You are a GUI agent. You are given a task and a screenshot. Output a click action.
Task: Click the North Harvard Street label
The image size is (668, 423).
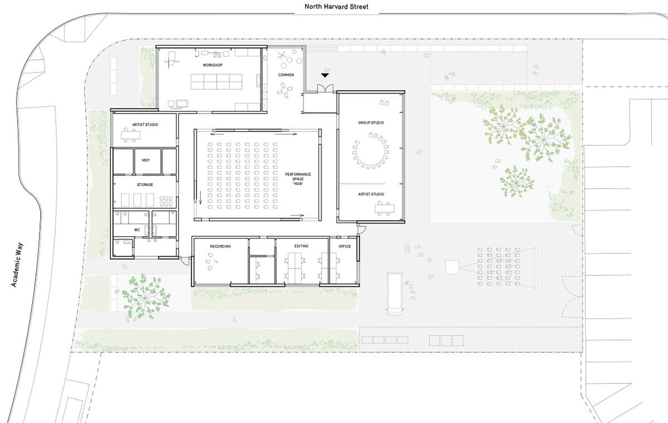[336, 7]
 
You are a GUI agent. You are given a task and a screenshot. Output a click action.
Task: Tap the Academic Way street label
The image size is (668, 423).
[17, 265]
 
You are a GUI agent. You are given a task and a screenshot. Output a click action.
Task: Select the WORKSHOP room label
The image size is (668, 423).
[213, 65]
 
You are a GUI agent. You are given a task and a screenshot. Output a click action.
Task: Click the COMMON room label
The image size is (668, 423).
[286, 75]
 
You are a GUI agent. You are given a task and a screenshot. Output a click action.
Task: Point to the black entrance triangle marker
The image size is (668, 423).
[325, 75]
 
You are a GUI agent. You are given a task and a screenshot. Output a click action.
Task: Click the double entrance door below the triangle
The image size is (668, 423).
[325, 89]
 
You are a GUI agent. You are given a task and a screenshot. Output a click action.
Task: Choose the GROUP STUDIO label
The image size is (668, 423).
[371, 123]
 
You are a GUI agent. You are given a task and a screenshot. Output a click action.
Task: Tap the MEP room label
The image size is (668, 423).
[145, 161]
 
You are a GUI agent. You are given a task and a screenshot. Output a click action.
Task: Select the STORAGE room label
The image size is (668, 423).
[145, 185]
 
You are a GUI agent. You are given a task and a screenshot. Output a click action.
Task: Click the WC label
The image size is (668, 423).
[137, 230]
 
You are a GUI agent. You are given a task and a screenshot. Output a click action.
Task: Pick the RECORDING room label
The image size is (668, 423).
[220, 246]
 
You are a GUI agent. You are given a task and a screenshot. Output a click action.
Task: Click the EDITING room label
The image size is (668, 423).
[301, 246]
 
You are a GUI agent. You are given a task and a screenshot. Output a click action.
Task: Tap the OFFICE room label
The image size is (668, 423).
[345, 246]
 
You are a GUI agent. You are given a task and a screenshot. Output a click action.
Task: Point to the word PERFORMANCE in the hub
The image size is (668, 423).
[298, 174]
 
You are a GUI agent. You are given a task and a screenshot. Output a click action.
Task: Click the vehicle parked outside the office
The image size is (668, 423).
[395, 293]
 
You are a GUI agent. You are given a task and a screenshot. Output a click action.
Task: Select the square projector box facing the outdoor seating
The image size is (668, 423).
[452, 267]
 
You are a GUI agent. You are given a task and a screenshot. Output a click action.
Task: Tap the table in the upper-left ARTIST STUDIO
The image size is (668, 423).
[130, 135]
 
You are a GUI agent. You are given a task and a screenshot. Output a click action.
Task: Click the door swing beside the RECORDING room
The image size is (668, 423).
[185, 261]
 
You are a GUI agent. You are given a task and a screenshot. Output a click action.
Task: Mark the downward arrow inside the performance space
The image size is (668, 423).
[200, 198]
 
